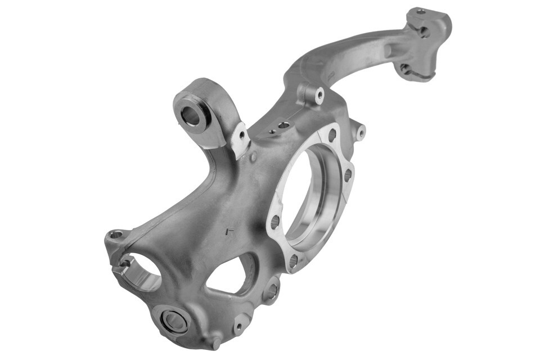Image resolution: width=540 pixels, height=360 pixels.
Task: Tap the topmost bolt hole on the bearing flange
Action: point(332,135)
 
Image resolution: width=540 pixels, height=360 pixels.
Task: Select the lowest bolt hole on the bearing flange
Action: point(293,260)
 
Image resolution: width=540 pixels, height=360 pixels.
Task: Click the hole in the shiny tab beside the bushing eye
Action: point(242,135)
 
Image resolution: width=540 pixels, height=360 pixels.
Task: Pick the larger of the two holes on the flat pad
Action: point(283,125)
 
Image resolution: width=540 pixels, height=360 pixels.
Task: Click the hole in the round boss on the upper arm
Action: point(319,95)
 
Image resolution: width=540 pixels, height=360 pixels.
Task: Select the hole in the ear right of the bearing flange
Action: point(361,133)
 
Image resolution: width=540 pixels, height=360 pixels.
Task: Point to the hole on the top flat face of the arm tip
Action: point(420,11)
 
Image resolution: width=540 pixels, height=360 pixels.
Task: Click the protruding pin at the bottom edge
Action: point(217,342)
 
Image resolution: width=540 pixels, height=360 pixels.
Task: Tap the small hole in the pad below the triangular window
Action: point(239,325)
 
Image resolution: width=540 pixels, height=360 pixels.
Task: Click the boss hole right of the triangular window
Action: point(272,291)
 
